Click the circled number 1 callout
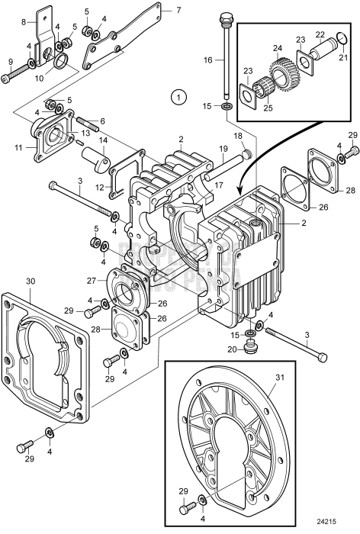click(x=178, y=97)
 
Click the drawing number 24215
click(x=336, y=521)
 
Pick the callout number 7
click(x=178, y=11)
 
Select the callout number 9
click(x=9, y=63)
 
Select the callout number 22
click(x=321, y=35)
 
